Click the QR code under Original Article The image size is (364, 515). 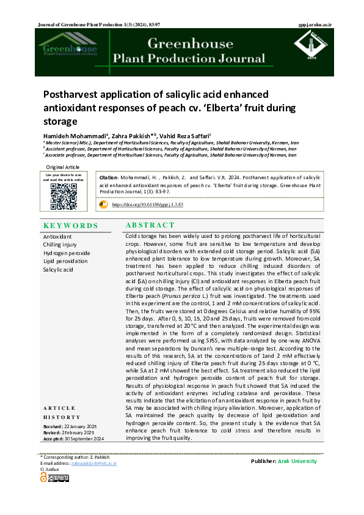point(64,196)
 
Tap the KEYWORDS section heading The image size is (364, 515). point(71,225)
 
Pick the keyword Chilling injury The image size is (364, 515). point(60,245)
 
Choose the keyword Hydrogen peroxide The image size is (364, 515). point(67,253)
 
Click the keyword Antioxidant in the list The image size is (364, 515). point(57,236)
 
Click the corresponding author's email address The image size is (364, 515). point(93,464)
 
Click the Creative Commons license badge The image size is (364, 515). point(58,478)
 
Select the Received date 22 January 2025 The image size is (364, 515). point(68,426)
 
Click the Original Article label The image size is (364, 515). point(63,167)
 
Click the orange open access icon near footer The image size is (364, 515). point(43,477)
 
